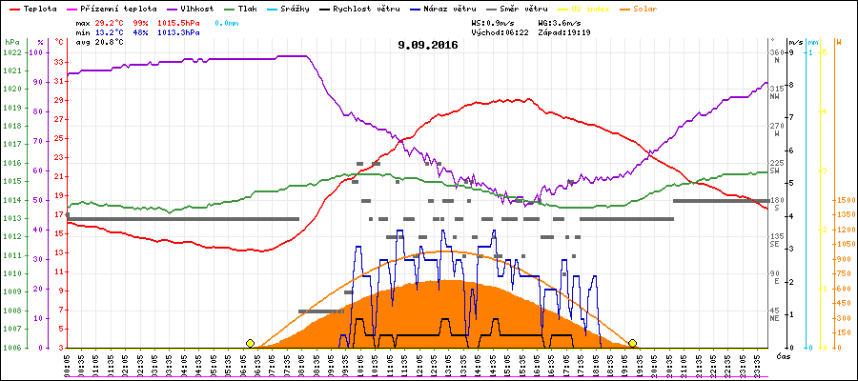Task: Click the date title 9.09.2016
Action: (x=428, y=45)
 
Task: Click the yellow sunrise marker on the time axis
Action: (x=250, y=343)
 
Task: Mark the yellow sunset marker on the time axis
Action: (x=632, y=343)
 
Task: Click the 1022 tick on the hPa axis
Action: (x=12, y=52)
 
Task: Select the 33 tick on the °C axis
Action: (x=60, y=62)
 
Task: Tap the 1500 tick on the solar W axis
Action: (x=844, y=200)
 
